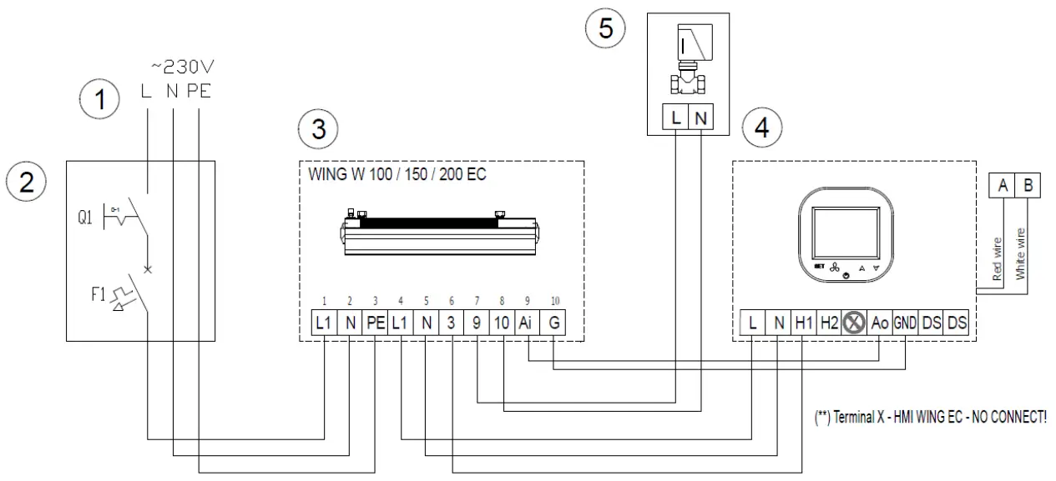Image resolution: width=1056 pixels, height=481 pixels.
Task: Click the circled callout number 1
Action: tap(101, 102)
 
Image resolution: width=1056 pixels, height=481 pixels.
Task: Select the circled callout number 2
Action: tap(27, 183)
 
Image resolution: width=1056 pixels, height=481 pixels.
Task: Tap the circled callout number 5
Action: tap(604, 28)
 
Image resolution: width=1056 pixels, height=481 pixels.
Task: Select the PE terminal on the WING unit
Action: tap(375, 323)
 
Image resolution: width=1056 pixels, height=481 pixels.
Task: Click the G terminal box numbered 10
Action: tap(553, 323)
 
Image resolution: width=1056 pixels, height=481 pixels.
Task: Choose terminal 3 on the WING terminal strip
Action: tap(451, 323)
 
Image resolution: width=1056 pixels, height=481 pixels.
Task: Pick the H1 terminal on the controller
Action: tap(803, 323)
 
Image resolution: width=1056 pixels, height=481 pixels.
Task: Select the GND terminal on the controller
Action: tap(905, 323)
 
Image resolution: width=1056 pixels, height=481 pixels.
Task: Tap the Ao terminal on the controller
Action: tap(879, 323)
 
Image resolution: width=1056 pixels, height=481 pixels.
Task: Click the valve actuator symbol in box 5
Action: tap(689, 58)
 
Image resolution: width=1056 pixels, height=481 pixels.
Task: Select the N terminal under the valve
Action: tap(701, 119)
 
